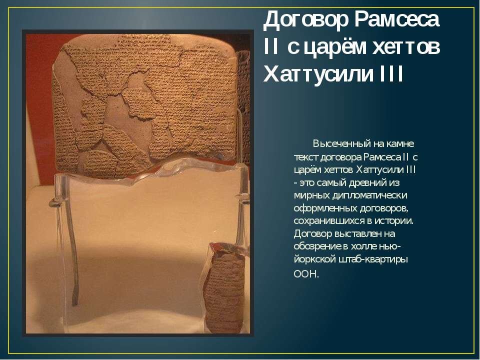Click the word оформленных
tap(325, 207)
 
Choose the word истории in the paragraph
tap(396, 220)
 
